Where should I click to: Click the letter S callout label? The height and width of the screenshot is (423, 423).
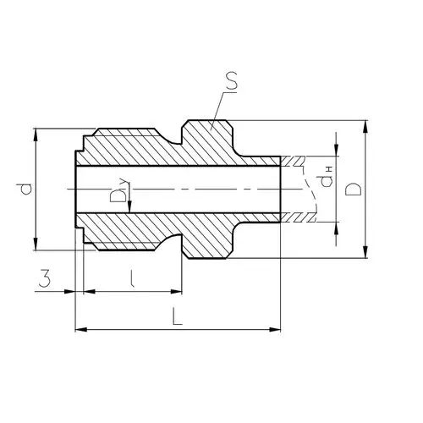(x=232, y=81)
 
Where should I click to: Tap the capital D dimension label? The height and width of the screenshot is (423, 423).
(x=353, y=189)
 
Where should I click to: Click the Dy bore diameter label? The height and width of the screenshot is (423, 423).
(x=119, y=192)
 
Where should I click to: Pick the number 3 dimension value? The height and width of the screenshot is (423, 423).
(x=45, y=277)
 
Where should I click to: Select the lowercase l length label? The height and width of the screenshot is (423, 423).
(x=131, y=278)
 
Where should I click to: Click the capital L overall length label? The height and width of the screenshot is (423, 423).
(x=177, y=316)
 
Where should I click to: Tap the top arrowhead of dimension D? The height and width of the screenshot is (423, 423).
(x=365, y=126)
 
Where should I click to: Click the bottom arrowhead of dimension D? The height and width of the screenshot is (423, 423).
(x=365, y=252)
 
